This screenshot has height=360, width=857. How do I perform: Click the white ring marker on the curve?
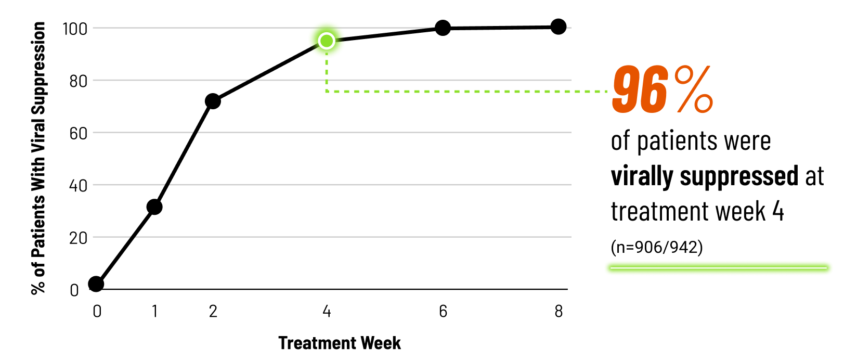[x=327, y=41]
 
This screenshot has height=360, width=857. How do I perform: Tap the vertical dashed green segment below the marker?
[x=327, y=73]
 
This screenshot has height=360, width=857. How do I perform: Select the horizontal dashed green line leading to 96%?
[x=468, y=92]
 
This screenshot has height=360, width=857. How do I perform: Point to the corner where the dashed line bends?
[x=327, y=92]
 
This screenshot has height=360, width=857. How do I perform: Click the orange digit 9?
[x=626, y=89]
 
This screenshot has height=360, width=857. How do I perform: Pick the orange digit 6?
[x=654, y=89]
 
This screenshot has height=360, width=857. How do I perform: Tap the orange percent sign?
[x=694, y=89]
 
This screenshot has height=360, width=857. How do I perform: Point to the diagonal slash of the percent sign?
[x=694, y=89]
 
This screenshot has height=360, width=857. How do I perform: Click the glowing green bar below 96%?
[x=718, y=268]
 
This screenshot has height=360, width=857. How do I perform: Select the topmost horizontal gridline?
[x=208, y=28]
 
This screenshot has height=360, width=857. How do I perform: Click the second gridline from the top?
[x=416, y=80]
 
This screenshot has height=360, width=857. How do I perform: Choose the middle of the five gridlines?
[x=364, y=133]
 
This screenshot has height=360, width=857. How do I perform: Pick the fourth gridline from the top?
[x=364, y=185]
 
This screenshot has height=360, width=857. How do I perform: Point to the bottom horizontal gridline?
[x=364, y=237]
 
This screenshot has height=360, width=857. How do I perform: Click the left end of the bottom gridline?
[x=94, y=237]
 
